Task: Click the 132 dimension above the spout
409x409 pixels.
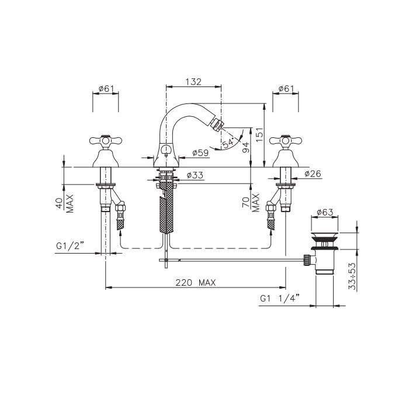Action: pyautogui.click(x=193, y=82)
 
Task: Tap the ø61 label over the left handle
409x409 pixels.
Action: pyautogui.click(x=106, y=89)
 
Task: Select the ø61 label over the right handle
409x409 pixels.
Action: pyautogui.click(x=286, y=89)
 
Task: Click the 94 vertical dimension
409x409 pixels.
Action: pyautogui.click(x=246, y=148)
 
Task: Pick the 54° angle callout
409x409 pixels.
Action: pyautogui.click(x=228, y=143)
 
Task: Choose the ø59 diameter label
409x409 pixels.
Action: pyautogui.click(x=200, y=152)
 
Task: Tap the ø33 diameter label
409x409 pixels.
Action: pyautogui.click(x=195, y=175)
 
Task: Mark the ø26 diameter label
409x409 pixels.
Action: pyautogui.click(x=313, y=174)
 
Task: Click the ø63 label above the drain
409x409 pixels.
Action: pyautogui.click(x=325, y=212)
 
